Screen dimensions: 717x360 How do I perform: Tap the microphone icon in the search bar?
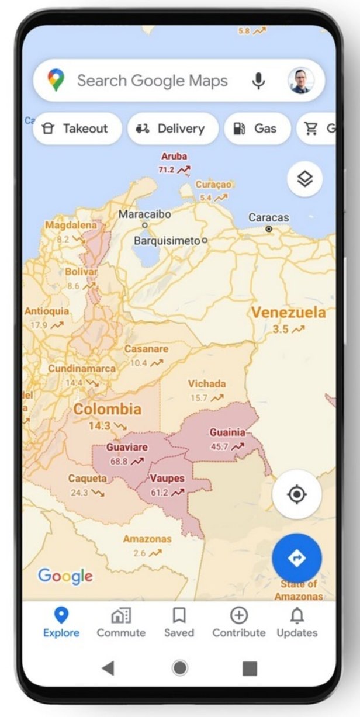click(258, 81)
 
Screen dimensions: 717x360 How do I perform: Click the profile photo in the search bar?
click(301, 81)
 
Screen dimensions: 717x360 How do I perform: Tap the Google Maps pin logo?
click(56, 80)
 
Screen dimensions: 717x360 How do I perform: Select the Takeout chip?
click(77, 129)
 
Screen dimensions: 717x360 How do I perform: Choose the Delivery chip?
click(173, 129)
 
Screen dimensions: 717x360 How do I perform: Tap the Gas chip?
click(257, 129)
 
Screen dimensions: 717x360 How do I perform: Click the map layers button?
click(304, 179)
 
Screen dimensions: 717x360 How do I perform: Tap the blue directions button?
click(296, 557)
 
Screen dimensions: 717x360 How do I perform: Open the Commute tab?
click(121, 622)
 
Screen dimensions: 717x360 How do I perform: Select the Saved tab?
click(179, 622)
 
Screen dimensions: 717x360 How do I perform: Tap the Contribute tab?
click(238, 622)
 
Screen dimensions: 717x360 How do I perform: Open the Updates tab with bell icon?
click(297, 622)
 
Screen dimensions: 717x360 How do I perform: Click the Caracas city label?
click(268, 218)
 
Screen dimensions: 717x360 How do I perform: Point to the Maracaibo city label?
click(145, 214)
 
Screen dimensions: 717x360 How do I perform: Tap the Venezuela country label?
click(288, 313)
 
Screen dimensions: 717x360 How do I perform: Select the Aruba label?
click(174, 157)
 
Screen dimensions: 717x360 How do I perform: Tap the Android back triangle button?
click(108, 668)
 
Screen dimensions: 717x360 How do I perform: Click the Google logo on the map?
click(65, 576)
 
